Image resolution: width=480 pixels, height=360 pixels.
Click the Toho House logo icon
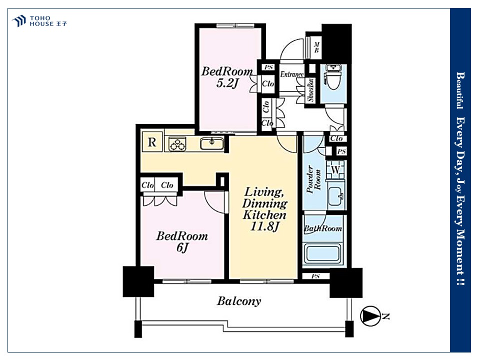[19, 21]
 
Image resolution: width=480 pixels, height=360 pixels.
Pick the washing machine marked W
[336, 169]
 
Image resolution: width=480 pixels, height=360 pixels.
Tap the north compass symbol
[370, 316]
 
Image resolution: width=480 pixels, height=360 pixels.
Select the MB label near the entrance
[316, 47]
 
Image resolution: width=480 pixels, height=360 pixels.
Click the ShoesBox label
[310, 90]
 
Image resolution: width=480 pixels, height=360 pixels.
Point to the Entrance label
[292, 74]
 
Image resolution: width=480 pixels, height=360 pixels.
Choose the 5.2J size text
[227, 83]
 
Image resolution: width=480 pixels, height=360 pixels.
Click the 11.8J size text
[265, 226]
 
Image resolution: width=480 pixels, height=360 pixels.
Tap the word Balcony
[239, 301]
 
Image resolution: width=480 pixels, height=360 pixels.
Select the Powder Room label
[314, 179]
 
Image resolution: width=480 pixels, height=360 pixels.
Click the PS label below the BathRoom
[315, 276]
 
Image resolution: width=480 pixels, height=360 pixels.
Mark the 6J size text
[182, 247]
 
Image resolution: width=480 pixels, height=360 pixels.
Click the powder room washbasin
[336, 195]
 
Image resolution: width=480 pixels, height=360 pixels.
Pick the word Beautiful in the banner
[460, 90]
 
